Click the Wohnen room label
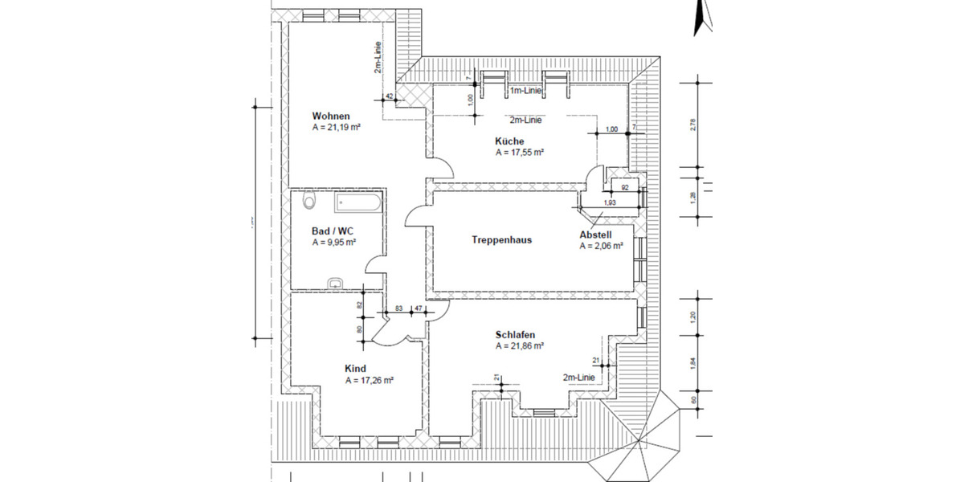(x=331, y=116)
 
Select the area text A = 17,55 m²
(x=520, y=152)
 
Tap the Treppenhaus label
(x=501, y=239)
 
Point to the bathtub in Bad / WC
(x=357, y=203)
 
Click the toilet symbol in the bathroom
(x=308, y=201)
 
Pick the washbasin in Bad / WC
(x=336, y=282)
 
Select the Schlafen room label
(x=515, y=335)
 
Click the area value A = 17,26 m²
(x=369, y=380)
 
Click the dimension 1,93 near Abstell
(x=611, y=202)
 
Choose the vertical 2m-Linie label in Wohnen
(x=378, y=58)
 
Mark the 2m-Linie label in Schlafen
(x=578, y=378)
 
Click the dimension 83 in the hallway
(x=398, y=308)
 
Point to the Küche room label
(x=509, y=141)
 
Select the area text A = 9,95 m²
(x=334, y=241)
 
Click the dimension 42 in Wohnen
(x=390, y=97)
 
